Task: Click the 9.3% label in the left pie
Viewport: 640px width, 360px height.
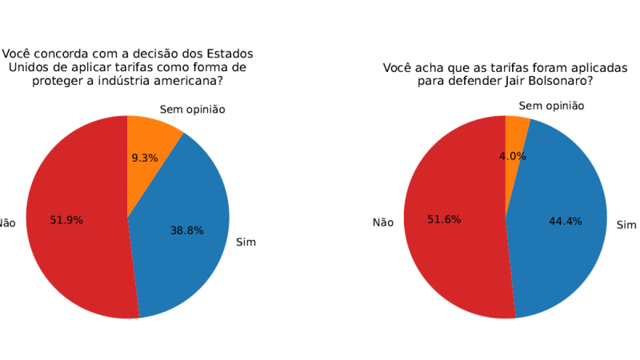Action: pos(145,158)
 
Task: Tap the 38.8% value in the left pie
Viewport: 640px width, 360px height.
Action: pos(186,230)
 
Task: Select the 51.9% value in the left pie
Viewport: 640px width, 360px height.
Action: pos(66,219)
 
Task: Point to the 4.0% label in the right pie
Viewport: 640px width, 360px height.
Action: pos(513,156)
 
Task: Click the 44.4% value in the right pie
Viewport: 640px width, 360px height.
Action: pos(565,221)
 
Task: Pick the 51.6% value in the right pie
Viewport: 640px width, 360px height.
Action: pos(444,219)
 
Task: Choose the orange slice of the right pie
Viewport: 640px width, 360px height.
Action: pos(514,132)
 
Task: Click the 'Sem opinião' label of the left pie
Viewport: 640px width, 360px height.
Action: pos(192,109)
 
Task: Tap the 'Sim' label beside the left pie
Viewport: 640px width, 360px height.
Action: pos(246,242)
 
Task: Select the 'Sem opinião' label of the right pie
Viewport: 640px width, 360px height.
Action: pos(551,106)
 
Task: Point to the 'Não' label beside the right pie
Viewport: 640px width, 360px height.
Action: pos(382,222)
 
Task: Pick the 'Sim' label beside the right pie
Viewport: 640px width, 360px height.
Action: pos(626,225)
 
